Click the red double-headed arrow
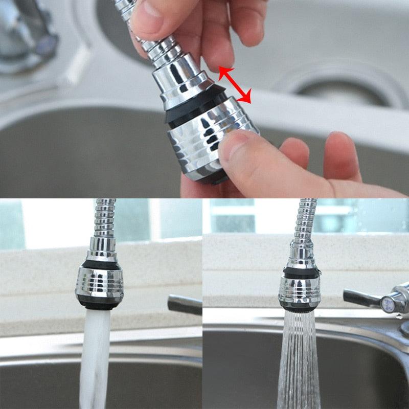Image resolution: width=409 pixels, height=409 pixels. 235,84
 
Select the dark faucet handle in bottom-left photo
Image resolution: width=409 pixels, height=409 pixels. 184,305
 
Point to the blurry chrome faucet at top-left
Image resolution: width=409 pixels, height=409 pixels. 26,36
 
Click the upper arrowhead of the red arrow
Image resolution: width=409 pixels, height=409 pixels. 223,71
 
